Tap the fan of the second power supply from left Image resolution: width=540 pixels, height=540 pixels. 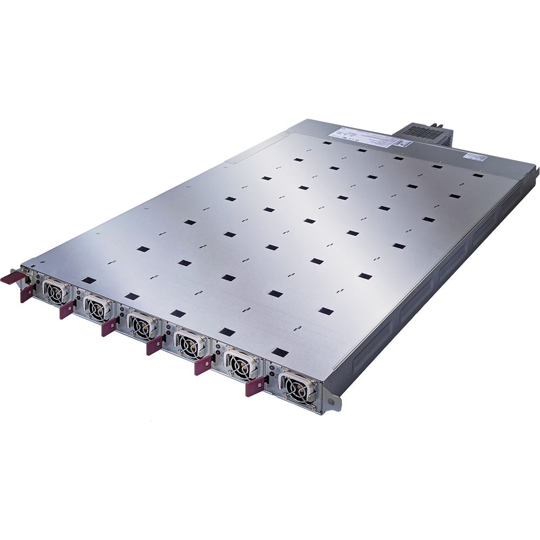coord(96,307)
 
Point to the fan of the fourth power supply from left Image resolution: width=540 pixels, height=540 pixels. coord(187,343)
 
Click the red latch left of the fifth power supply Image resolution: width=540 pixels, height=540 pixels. coord(203,366)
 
